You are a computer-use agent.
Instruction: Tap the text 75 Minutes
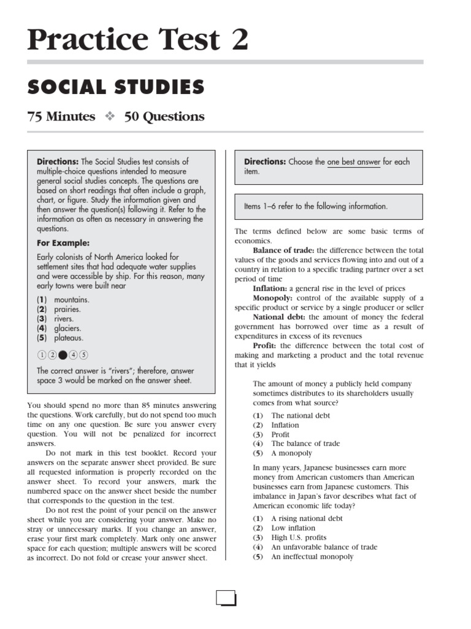click(x=61, y=116)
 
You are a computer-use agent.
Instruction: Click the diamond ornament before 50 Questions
click(x=110, y=116)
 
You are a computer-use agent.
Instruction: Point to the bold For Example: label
click(x=63, y=243)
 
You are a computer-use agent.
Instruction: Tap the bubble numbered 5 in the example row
click(x=83, y=354)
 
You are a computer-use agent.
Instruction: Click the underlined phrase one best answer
click(x=353, y=162)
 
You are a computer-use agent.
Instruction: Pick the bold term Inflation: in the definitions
click(x=270, y=289)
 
